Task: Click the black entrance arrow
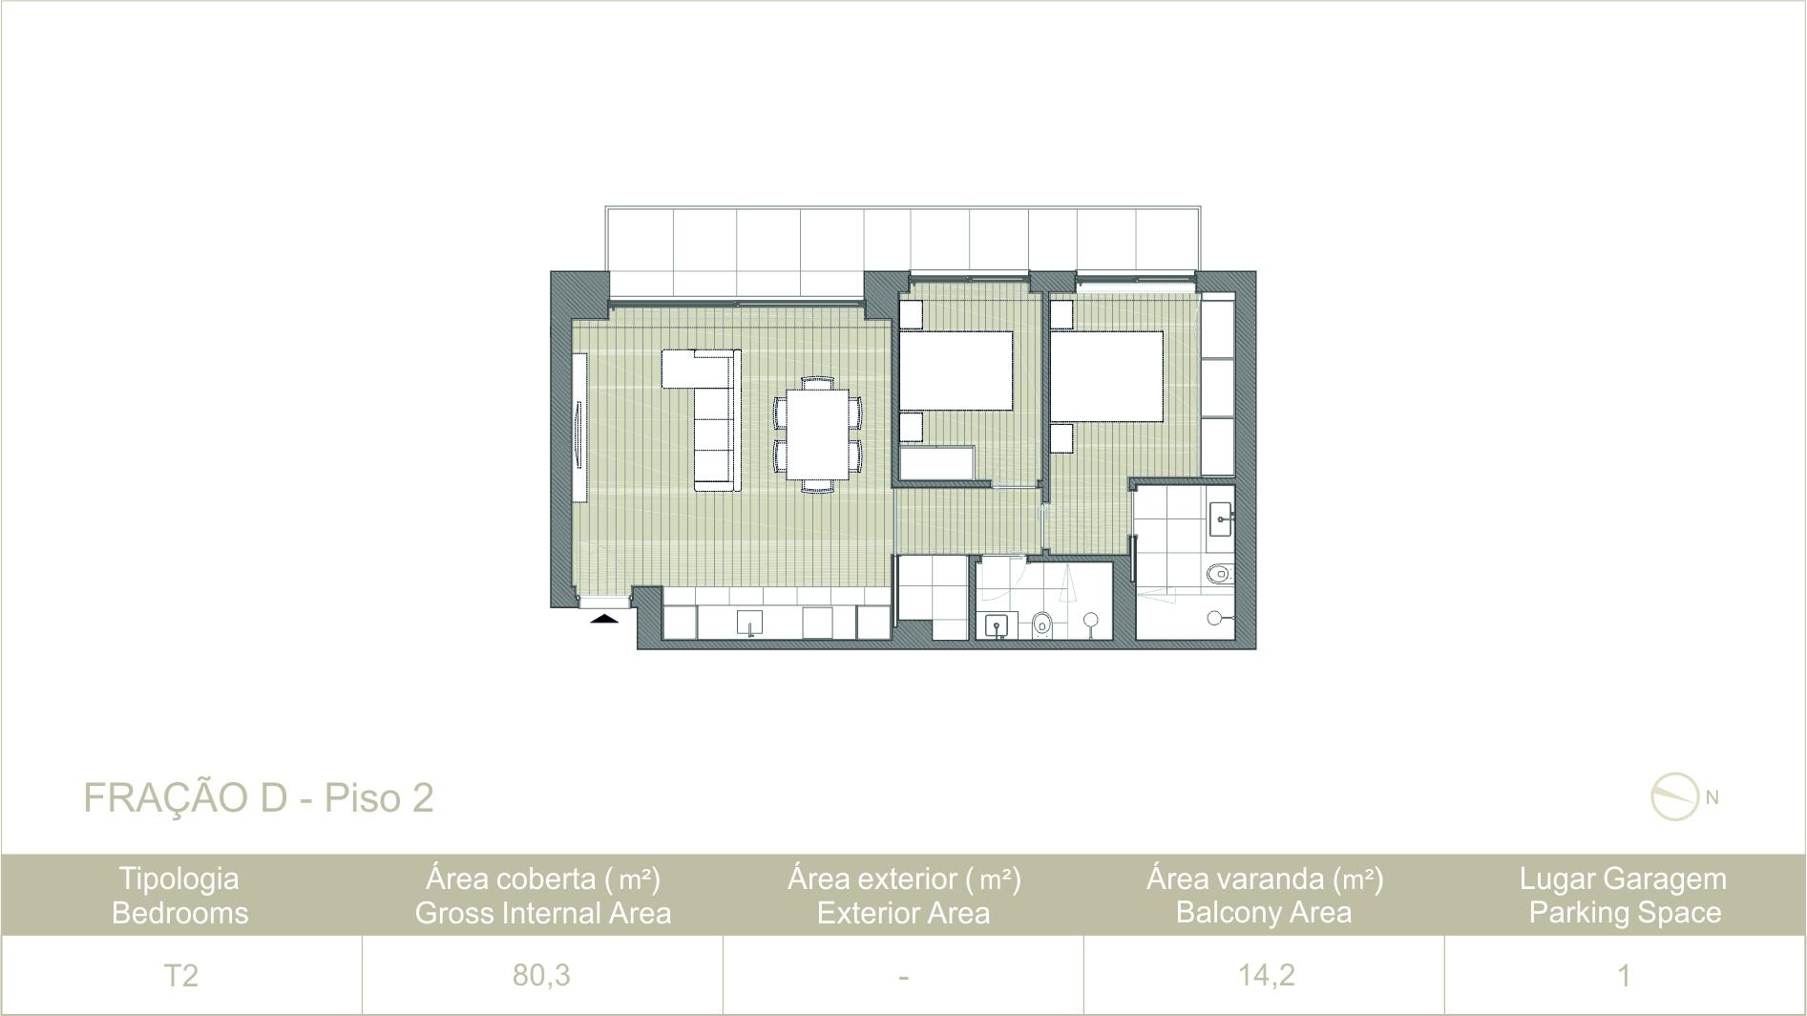coord(604,618)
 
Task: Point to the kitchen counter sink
coord(750,623)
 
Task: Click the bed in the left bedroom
coord(956,371)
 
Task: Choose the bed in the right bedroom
coord(1107,376)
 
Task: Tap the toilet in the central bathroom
coord(1042,624)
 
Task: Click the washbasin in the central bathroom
coord(998,625)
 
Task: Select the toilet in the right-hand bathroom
coord(1219,574)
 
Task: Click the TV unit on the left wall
coord(578,426)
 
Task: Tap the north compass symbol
coord(1675,796)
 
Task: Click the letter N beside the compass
coord(1712,797)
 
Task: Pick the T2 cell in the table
coord(180,975)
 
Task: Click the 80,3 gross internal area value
coord(541,975)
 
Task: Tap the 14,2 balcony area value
coord(1266,975)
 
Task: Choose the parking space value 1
coord(1624,975)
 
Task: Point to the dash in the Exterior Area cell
coord(903,977)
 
